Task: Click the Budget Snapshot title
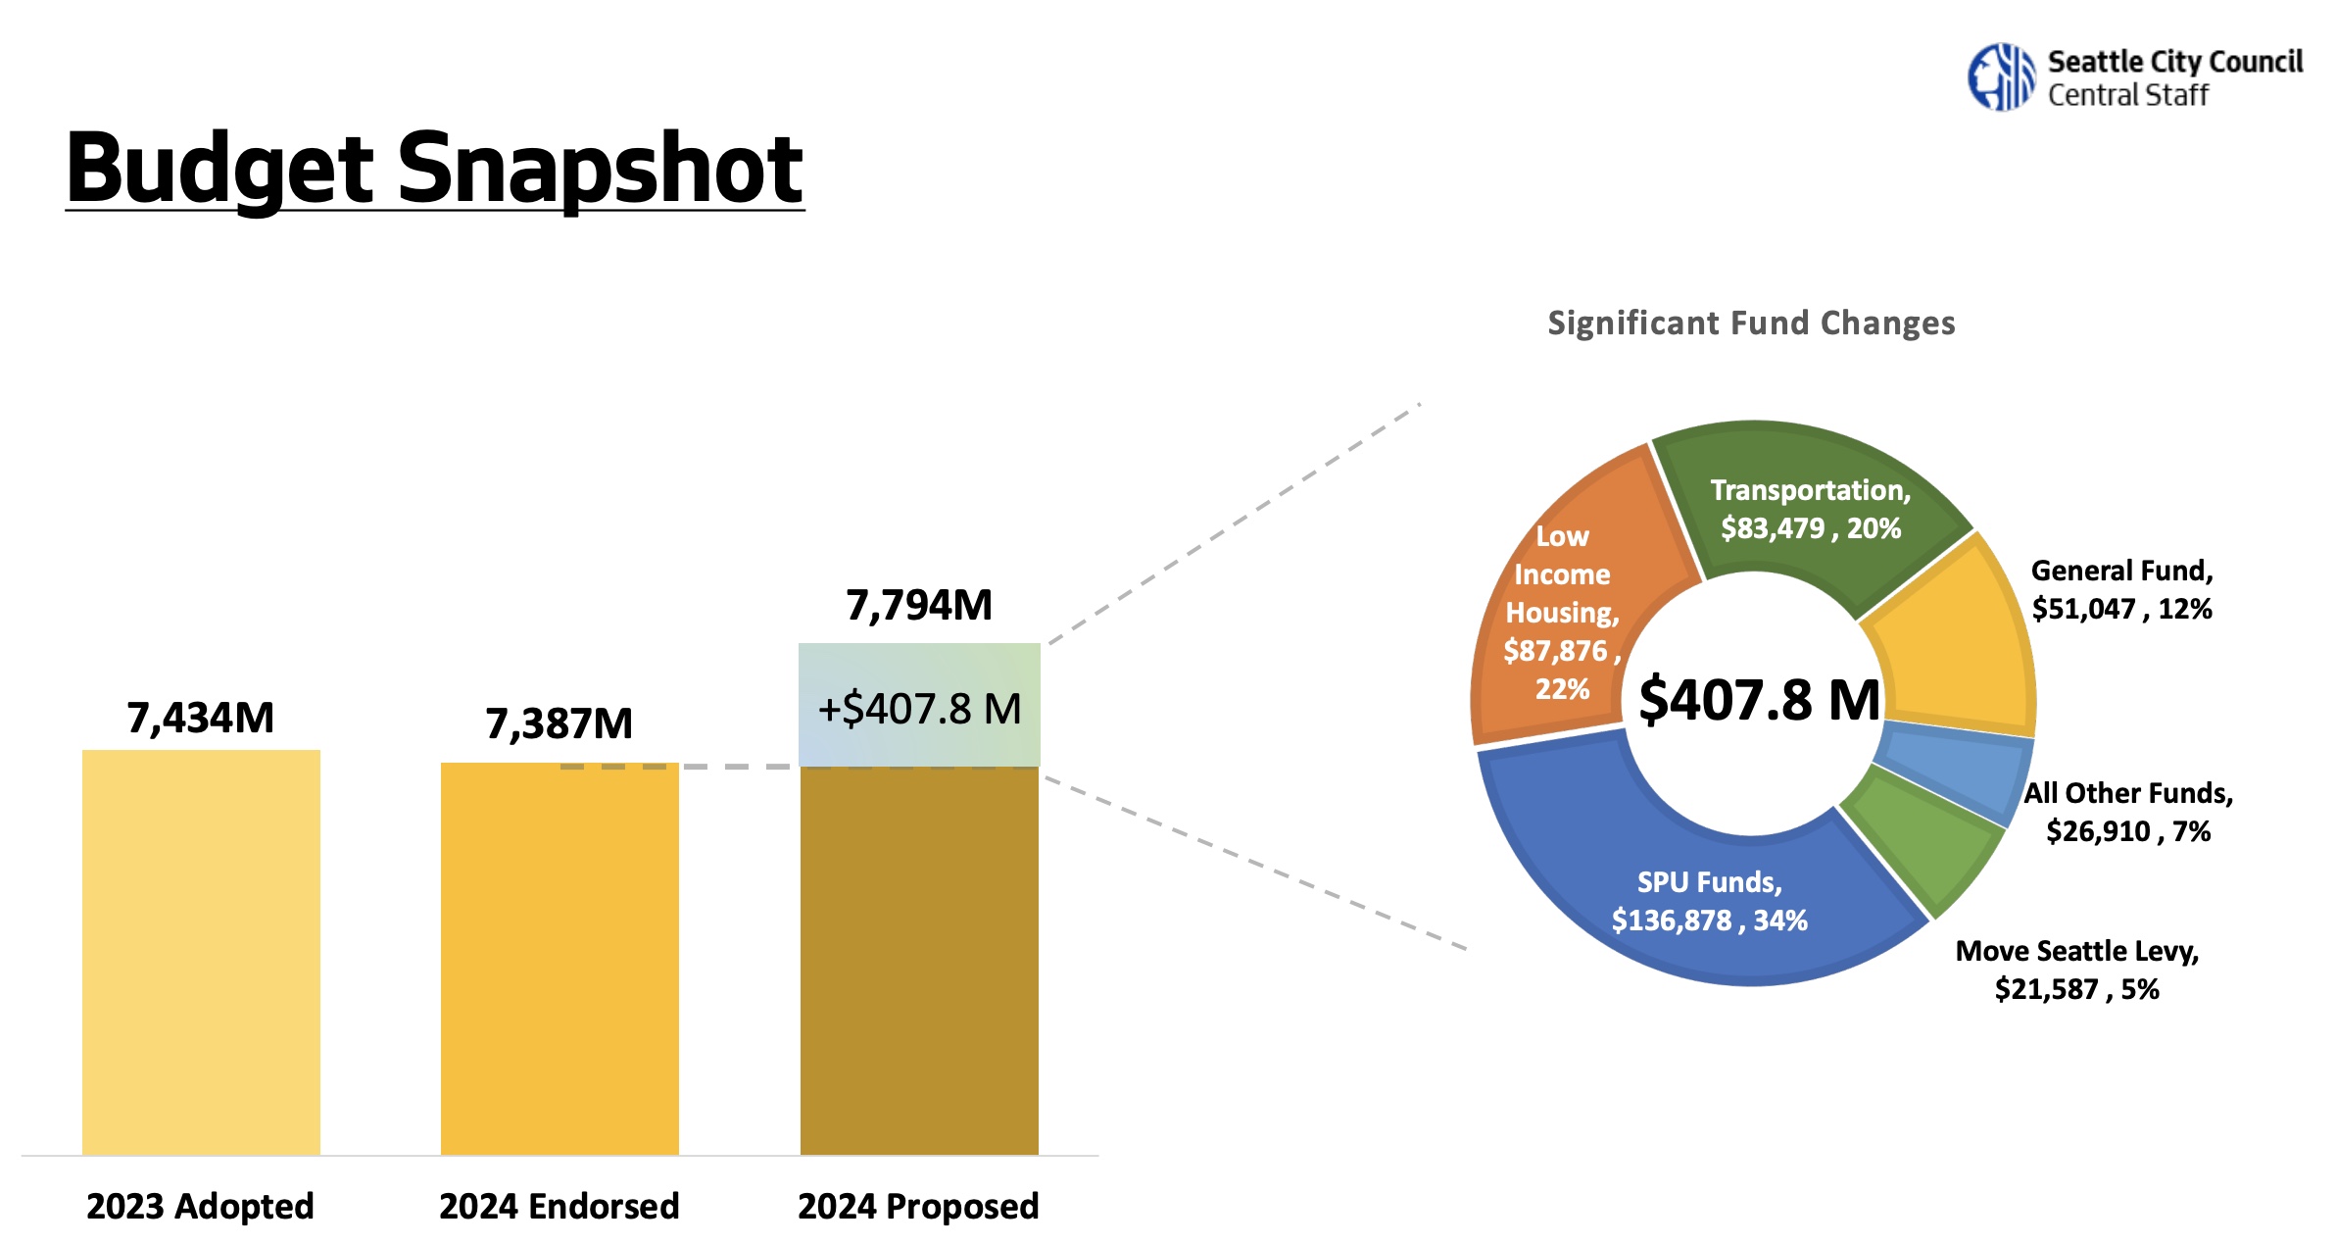[434, 169]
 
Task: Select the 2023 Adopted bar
[201, 951]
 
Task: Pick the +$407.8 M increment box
[919, 706]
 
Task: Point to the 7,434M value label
[201, 719]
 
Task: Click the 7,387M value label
[560, 724]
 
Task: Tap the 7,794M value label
[919, 606]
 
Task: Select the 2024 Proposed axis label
[918, 1206]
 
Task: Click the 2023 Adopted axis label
[201, 1206]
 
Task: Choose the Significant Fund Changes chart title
[1751, 324]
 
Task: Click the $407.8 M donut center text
[1759, 700]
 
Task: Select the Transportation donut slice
[1810, 509]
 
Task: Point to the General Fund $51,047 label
[2121, 589]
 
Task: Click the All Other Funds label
[2128, 812]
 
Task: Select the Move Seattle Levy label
[2077, 970]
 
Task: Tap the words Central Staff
[2128, 95]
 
